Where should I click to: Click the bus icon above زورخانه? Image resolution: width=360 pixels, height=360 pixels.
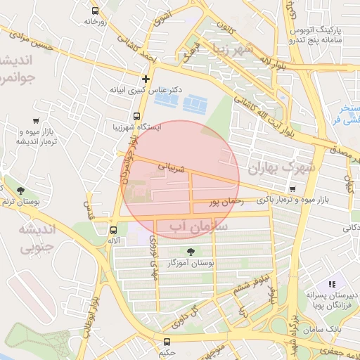(96, 11)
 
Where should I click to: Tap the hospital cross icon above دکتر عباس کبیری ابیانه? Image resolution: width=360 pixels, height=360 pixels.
(146, 79)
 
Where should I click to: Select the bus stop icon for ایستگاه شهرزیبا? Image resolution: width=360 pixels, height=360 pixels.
(136, 117)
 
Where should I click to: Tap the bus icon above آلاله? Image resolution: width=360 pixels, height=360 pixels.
(113, 230)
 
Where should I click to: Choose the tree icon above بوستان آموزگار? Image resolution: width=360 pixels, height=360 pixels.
(191, 252)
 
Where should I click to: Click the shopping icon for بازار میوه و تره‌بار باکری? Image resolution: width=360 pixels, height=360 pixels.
(292, 189)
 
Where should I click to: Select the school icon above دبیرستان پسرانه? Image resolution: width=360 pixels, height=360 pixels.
(332, 283)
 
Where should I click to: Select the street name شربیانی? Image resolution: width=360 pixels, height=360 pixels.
(172, 169)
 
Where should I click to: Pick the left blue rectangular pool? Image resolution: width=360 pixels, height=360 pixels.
(167, 102)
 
